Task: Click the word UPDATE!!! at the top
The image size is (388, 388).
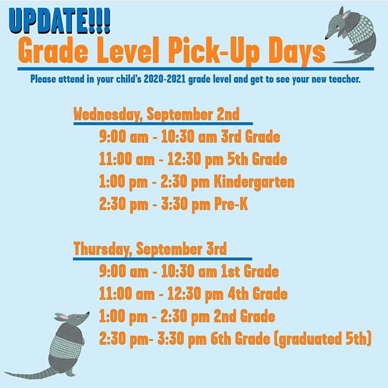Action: (59, 21)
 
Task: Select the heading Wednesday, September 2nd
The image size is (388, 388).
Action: (156, 114)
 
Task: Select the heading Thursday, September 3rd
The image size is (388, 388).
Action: (150, 249)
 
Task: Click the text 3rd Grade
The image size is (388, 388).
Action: (250, 137)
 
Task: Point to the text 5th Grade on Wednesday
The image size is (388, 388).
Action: (257, 159)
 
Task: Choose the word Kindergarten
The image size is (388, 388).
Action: (254, 182)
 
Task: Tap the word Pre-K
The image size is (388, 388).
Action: (231, 204)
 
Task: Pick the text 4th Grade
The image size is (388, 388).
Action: (257, 294)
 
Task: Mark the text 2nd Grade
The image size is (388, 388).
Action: (245, 316)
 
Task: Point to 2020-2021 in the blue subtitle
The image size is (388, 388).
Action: (165, 79)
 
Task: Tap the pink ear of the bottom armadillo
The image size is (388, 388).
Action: (64, 317)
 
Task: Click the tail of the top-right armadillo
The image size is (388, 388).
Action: (351, 60)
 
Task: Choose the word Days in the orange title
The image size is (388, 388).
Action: (297, 52)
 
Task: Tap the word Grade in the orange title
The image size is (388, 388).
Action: (53, 51)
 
